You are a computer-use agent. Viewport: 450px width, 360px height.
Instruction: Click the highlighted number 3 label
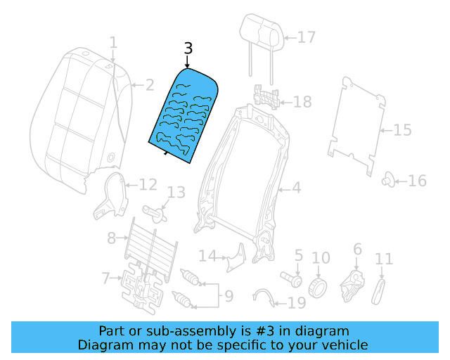pos(187,49)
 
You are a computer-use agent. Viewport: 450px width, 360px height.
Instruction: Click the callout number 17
pos(307,37)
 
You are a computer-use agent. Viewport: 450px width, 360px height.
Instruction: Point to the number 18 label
pos(302,103)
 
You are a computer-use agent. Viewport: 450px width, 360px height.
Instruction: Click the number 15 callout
pos(401,130)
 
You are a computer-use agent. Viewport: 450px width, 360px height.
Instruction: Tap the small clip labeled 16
pos(387,181)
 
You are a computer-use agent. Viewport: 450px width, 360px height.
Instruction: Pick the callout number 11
pos(384,260)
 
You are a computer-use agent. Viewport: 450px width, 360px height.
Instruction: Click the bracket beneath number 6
pos(352,282)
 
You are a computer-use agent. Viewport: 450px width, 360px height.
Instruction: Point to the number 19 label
pos(297,303)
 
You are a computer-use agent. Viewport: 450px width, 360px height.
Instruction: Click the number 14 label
pos(207,255)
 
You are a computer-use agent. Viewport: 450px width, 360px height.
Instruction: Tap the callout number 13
pos(176,192)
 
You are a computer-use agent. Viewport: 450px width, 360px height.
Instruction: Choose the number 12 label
pos(147,185)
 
